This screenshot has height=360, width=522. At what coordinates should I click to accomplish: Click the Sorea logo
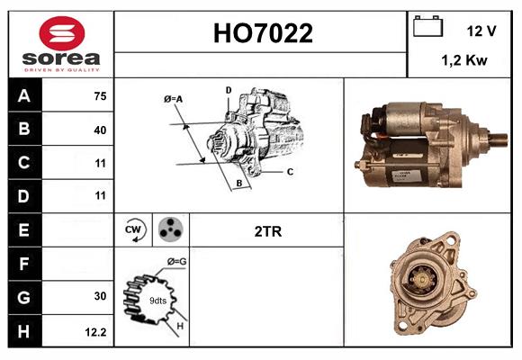tap(61, 44)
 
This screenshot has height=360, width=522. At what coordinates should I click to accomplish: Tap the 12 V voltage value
tap(481, 31)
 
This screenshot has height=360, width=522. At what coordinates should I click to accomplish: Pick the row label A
tap(24, 95)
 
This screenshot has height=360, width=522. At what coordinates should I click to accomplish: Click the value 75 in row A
tap(99, 96)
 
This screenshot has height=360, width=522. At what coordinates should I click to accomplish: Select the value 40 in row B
tap(99, 130)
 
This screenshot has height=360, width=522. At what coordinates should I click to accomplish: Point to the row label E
tap(24, 229)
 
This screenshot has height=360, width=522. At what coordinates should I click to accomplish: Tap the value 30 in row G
tap(99, 296)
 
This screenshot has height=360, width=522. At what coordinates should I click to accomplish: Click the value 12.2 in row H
tap(95, 330)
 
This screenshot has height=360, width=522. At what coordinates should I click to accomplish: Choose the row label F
tap(24, 263)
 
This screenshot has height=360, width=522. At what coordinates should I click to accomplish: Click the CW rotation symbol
tap(134, 230)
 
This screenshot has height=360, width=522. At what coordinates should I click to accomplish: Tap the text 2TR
tap(267, 231)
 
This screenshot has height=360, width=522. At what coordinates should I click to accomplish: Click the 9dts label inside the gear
tap(157, 300)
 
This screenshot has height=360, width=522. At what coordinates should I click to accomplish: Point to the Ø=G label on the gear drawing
tap(176, 262)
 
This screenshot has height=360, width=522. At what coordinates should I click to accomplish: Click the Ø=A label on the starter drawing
tap(173, 98)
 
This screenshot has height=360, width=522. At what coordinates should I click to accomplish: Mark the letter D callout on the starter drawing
tap(228, 90)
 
